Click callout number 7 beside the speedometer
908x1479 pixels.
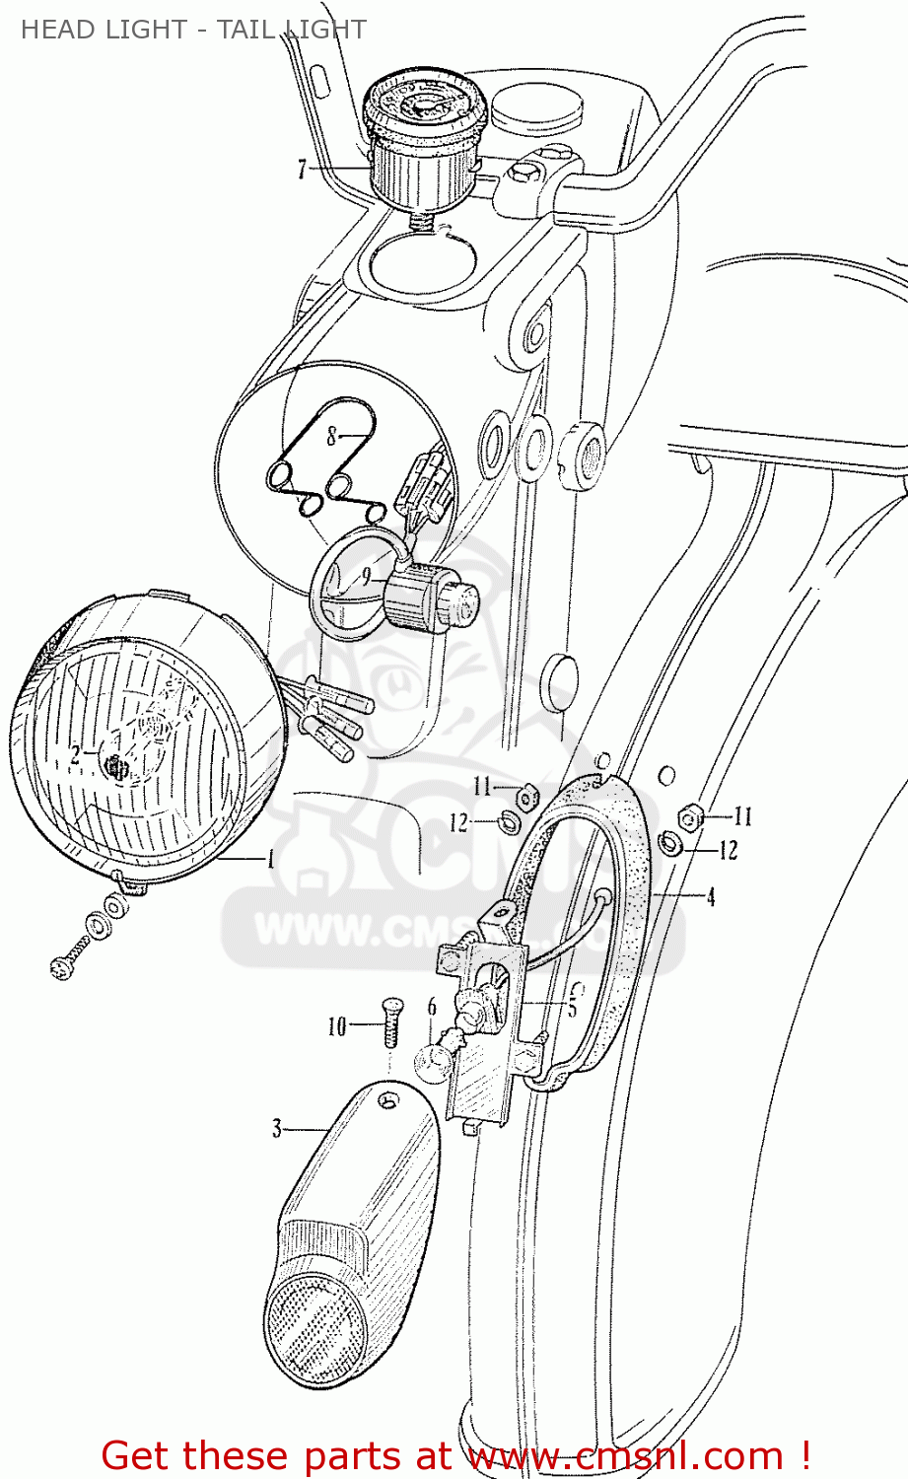(302, 170)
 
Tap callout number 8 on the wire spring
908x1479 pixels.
(332, 435)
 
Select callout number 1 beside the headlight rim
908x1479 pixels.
(270, 859)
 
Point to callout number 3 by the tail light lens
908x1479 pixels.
(277, 1128)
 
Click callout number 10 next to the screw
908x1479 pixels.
(337, 1026)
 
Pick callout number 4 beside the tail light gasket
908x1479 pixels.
(710, 897)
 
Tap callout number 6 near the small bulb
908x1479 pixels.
(432, 1007)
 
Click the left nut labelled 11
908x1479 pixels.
(528, 794)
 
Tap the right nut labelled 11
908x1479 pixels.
(690, 816)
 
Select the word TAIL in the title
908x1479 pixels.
(248, 30)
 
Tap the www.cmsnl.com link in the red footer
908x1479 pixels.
(626, 1456)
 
